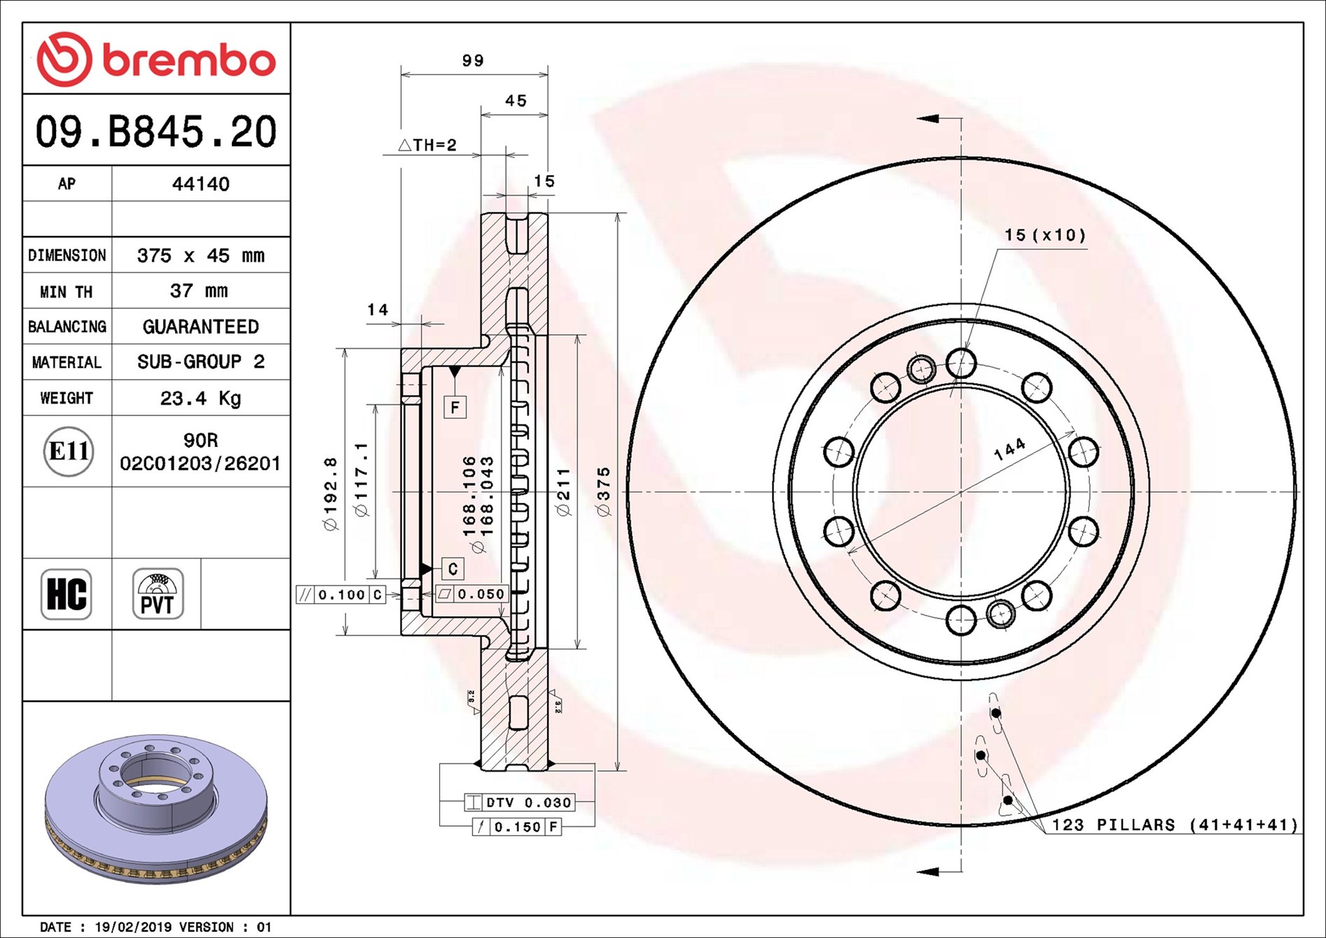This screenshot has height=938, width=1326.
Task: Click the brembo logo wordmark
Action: pos(190,61)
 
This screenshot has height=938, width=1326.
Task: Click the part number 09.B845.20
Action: pos(156,131)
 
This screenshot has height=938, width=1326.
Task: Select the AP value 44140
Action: pos(201,184)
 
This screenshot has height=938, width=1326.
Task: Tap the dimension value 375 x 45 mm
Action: pos(201,256)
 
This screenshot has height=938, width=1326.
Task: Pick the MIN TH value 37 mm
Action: pos(199,291)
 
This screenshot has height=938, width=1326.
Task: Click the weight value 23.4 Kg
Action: pos(200,399)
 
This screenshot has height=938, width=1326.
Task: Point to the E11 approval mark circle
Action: pos(68,451)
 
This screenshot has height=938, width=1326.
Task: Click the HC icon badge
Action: pos(67,594)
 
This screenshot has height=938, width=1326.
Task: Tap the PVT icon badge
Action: pos(158,594)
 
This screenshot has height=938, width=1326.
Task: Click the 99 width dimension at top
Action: pos(473,61)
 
